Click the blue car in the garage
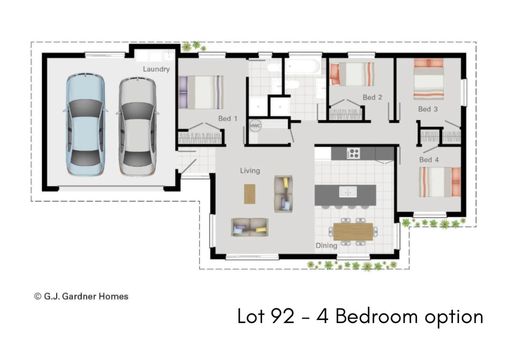85,125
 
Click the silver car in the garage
137,126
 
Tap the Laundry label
156,69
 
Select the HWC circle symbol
255,126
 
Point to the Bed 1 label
228,118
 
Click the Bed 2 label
373,97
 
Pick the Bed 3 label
428,109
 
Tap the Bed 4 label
429,160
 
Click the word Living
250,171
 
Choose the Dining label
327,246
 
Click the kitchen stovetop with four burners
353,153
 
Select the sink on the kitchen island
348,192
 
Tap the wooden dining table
353,231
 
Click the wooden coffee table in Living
250,194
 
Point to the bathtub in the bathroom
303,66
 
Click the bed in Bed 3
429,79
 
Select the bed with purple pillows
201,92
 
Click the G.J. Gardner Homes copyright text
81,296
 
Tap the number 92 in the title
283,316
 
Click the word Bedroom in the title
376,316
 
